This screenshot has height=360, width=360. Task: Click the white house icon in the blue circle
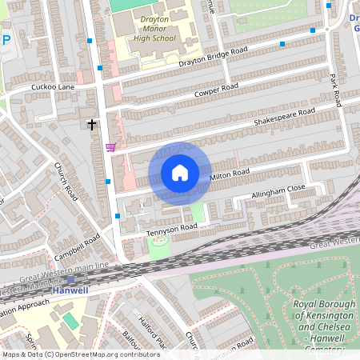coord(180,173)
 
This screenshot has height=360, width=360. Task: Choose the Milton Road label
coord(230,173)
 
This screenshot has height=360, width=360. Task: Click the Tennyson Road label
coord(171,229)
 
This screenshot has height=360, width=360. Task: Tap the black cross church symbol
coord(92,124)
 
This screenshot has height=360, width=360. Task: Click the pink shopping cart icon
coord(110,146)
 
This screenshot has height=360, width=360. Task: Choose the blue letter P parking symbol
coord(6,39)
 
